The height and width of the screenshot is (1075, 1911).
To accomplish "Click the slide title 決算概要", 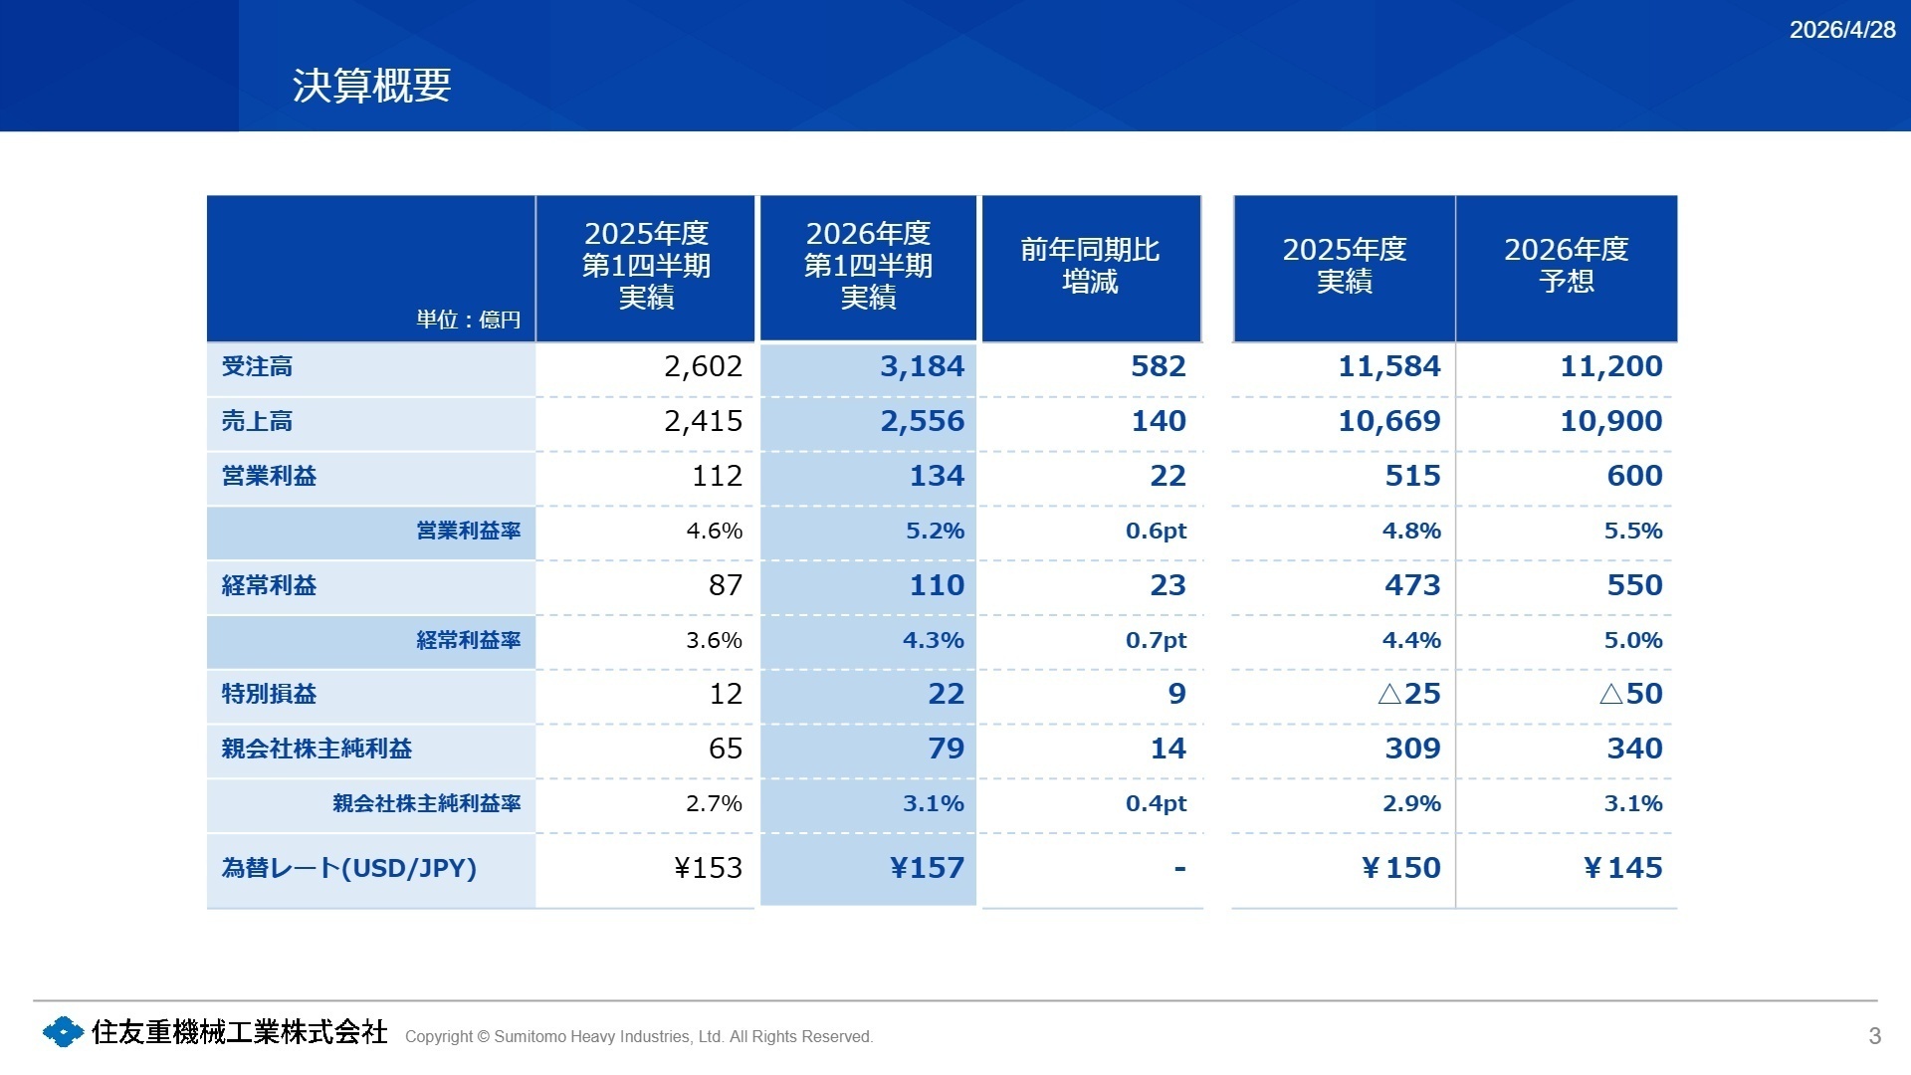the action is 372,86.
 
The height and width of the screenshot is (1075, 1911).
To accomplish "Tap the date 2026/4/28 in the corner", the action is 1842,30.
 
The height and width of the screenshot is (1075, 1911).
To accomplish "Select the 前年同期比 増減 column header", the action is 1090,266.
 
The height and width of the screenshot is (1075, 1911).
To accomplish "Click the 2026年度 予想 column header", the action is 1566,265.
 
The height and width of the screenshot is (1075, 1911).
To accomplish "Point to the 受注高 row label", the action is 257,366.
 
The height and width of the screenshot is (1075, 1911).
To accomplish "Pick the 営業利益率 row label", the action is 469,531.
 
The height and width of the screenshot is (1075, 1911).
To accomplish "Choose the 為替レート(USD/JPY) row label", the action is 348,868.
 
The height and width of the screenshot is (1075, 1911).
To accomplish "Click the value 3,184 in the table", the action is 922,366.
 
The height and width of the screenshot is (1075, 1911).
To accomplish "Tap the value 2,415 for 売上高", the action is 703,421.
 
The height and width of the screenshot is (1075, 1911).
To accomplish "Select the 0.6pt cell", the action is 1156,532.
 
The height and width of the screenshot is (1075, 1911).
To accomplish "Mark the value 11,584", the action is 1389,366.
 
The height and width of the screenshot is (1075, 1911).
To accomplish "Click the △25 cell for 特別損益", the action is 1409,694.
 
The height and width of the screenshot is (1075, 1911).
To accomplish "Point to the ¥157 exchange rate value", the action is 927,868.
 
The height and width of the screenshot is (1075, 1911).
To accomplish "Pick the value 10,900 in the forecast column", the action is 1611,421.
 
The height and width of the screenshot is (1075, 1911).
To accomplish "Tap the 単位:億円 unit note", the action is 469,320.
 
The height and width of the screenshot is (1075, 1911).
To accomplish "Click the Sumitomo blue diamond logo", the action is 64,1032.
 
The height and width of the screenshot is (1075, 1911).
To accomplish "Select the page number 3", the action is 1875,1036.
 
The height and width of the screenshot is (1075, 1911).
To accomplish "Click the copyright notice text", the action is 639,1036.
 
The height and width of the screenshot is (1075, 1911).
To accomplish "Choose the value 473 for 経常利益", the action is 1412,585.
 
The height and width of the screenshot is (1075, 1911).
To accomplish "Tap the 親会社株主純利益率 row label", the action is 427,803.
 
